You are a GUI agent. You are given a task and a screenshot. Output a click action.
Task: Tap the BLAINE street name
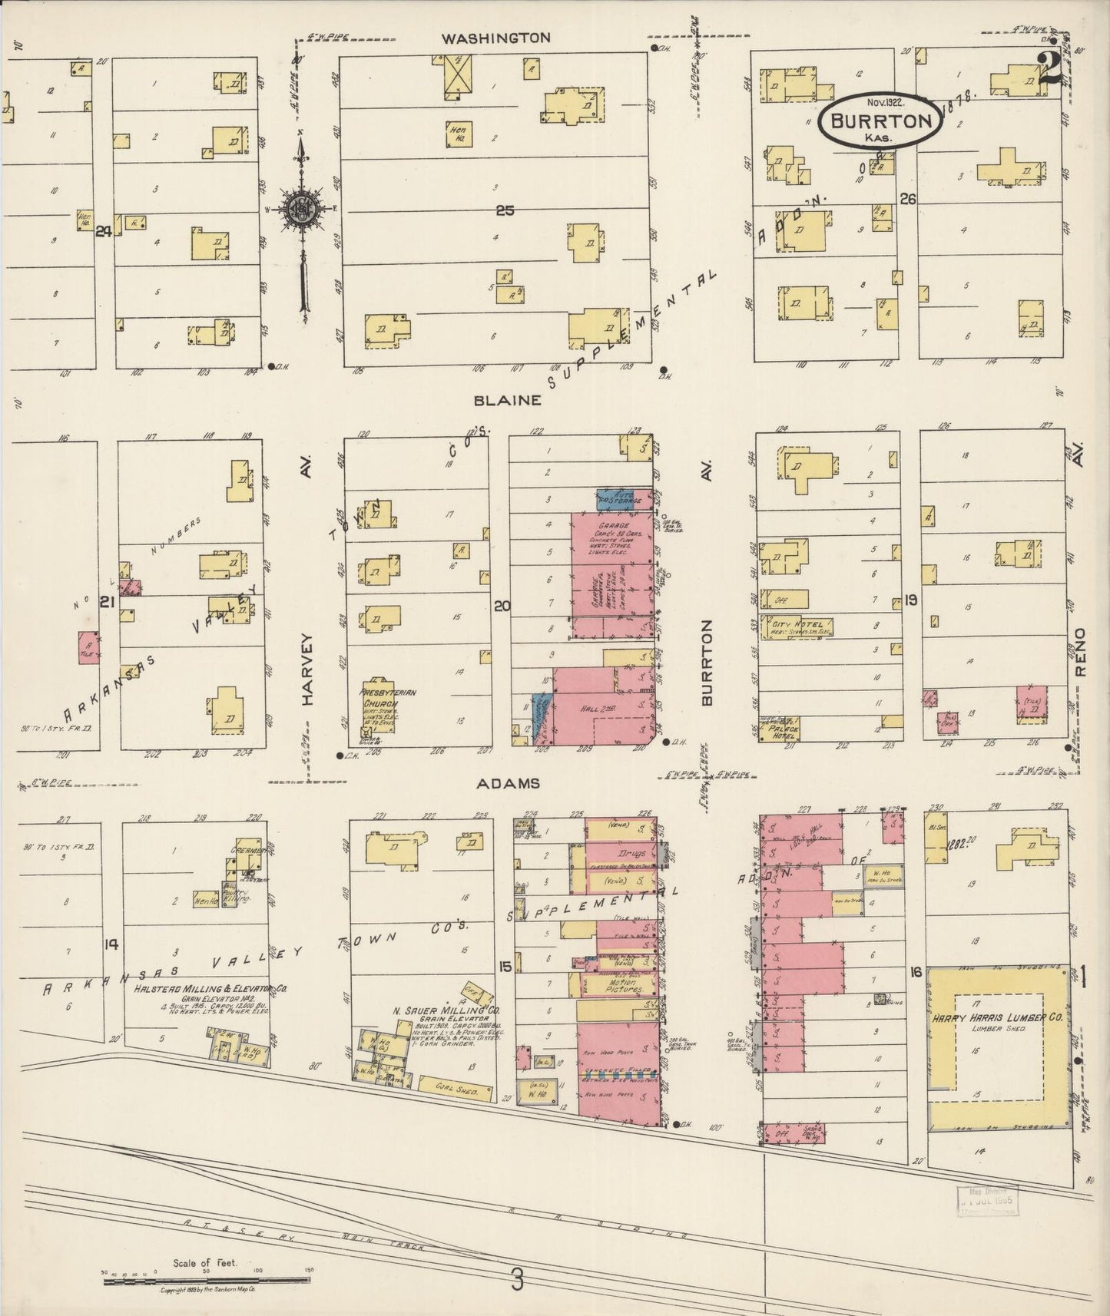click(508, 400)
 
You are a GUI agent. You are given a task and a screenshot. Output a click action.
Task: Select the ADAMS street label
click(508, 783)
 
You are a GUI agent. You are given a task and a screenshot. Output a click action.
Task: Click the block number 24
click(104, 231)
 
